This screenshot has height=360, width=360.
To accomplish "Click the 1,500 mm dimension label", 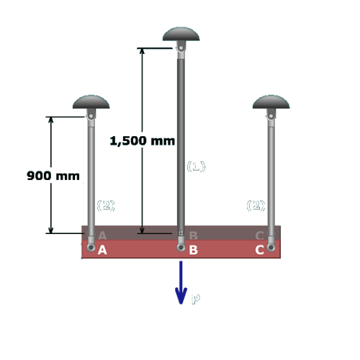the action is click(143, 140).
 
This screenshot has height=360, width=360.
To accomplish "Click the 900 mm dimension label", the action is click(53, 176).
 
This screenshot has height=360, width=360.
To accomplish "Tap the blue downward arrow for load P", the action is click(181, 282).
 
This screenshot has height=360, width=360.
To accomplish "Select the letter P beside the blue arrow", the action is click(196, 300).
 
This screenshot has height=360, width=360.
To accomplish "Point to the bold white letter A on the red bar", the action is click(102, 250).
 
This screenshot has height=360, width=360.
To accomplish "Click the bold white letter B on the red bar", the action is click(193, 250).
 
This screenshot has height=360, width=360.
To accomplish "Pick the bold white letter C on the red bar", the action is click(260, 250).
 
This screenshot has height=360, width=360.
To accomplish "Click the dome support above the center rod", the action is click(181, 34).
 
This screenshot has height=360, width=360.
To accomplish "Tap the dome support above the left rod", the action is click(91, 102).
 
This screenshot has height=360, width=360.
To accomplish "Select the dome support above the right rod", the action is click(271, 102).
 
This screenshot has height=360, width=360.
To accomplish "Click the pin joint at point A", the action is click(91, 247).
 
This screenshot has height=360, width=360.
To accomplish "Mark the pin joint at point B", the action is click(181, 247).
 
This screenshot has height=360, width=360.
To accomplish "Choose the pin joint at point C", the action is click(271, 247).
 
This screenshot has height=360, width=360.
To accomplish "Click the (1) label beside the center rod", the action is click(196, 166).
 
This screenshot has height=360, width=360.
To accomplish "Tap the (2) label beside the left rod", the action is click(106, 205).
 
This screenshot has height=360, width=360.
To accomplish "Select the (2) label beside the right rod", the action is click(256, 205).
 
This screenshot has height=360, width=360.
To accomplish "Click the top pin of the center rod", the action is click(181, 48).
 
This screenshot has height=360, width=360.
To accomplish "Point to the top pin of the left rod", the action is click(91, 116).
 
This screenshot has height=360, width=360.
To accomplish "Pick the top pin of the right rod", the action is click(271, 116).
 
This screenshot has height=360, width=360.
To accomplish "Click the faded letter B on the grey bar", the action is click(193, 235).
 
